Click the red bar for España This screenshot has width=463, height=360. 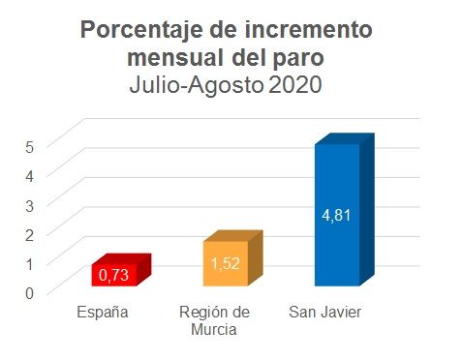coord(115,275)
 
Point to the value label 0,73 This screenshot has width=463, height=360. coord(115,276)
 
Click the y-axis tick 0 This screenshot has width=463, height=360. coord(30,292)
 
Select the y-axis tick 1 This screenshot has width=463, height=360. coord(30,263)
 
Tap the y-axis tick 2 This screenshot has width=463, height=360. coord(30,234)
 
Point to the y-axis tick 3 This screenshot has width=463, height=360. coord(30,204)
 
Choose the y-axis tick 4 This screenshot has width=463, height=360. coord(30,175)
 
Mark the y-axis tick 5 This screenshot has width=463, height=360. coord(30,146)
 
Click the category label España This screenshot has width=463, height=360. coord(103,313)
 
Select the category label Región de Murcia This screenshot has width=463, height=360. coord(214,321)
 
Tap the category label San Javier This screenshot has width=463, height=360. coord(325,313)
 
